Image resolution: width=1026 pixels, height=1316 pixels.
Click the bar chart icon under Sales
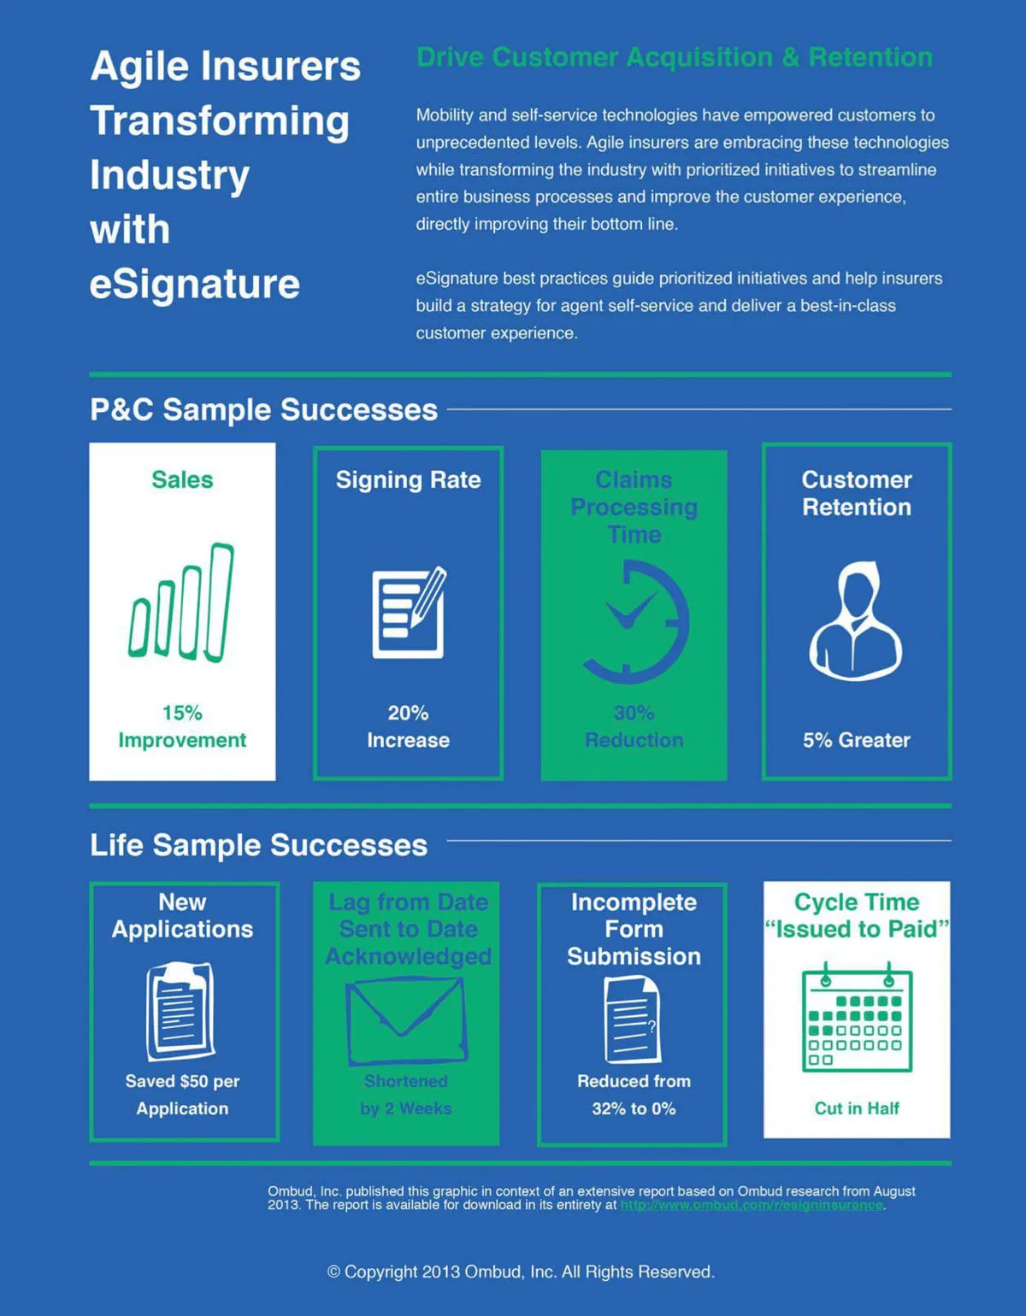tap(181, 603)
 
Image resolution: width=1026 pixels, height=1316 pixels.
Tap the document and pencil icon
tap(409, 612)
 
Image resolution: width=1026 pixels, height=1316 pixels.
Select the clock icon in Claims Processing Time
tap(634, 621)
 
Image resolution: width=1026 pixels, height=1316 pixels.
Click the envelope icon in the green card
tap(407, 1021)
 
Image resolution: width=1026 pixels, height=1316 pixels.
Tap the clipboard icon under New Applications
tap(180, 1011)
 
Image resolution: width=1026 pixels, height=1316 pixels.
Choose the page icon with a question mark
tap(633, 1019)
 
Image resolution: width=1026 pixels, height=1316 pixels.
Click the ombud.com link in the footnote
tap(752, 1205)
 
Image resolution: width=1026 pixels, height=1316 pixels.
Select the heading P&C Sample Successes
tap(263, 410)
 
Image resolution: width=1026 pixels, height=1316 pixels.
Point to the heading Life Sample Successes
tap(258, 845)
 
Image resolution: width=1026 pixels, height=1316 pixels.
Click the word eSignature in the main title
tap(195, 284)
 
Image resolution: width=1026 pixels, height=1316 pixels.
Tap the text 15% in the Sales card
tap(182, 713)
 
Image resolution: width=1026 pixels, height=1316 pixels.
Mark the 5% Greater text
tap(857, 740)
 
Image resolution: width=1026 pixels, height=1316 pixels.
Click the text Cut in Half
tap(857, 1108)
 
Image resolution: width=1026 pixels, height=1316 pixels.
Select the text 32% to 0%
tap(634, 1108)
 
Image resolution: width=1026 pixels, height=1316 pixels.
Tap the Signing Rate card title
tap(408, 480)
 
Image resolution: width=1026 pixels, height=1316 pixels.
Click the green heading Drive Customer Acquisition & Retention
tap(675, 57)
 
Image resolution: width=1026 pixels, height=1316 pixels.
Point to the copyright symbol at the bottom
tap(333, 1272)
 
